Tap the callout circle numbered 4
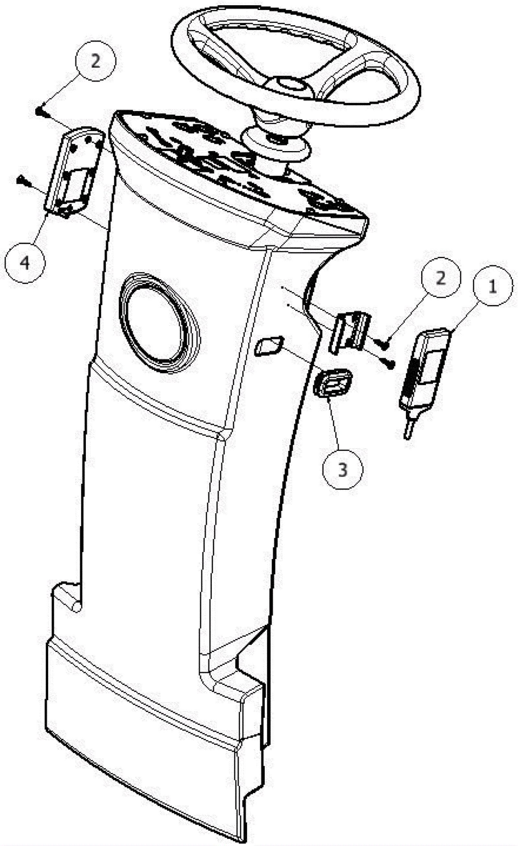25,263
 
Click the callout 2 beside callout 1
441,277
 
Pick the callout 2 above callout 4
96,61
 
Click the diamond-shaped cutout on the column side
268,346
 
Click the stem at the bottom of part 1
409,428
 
